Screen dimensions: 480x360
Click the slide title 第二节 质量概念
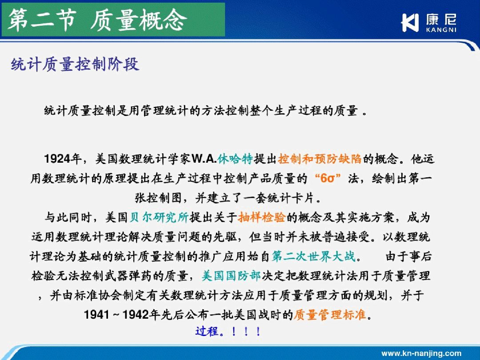tap(97, 20)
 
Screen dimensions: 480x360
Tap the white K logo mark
tap(410, 22)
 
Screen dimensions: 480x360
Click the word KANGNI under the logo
tap(441, 30)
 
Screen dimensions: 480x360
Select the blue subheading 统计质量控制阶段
tap(75, 64)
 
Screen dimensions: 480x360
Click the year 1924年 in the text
tap(63, 159)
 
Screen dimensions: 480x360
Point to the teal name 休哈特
tap(236, 159)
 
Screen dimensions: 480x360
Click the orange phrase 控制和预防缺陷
tap(320, 159)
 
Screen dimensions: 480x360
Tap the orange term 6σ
tap(328, 178)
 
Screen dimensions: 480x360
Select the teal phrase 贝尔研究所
tap(159, 217)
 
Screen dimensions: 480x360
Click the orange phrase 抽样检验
tap(262, 217)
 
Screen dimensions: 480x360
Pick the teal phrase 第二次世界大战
tap(314, 256)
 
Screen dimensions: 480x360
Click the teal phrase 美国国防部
tap(231, 276)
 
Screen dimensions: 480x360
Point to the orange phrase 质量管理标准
tap(330, 314)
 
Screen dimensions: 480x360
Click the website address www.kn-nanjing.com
tap(421, 353)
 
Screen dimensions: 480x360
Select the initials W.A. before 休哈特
tap(204, 159)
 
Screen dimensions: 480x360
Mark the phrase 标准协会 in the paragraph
tap(98, 295)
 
